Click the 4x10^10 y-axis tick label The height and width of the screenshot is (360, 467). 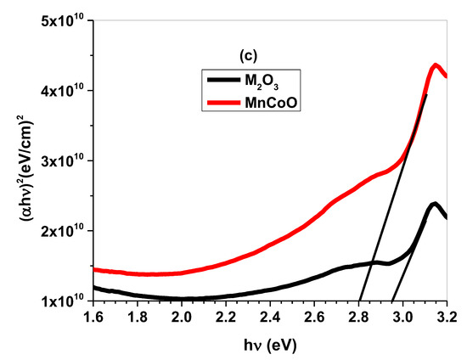tap(61, 90)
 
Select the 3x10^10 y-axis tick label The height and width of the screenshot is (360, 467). tap(61, 160)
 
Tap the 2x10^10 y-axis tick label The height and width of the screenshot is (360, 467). tap(61, 230)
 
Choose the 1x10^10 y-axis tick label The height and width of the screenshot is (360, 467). tap(61, 301)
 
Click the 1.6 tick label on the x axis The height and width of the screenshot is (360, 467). tap(93, 318)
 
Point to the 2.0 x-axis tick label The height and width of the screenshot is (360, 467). tap(181, 318)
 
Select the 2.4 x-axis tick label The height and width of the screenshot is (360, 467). tap(270, 318)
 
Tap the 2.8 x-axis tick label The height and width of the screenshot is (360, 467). tap(358, 318)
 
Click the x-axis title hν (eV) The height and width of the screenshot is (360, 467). tap(268, 344)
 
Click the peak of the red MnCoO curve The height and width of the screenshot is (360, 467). tap(436, 65)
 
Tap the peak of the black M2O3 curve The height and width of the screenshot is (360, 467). tap(435, 204)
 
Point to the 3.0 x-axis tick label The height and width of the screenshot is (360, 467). tap(402, 318)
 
